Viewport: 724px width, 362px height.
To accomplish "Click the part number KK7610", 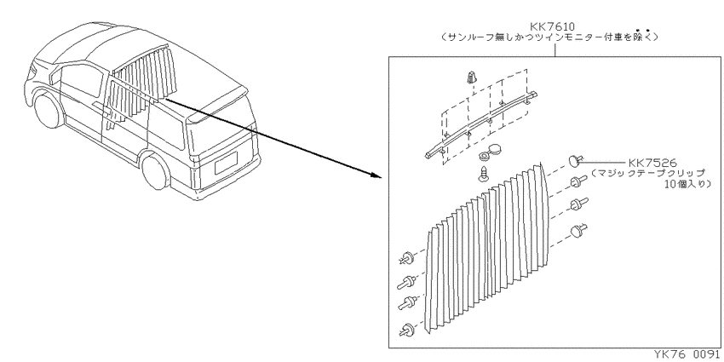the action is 552,26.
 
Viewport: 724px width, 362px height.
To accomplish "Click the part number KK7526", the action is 652,163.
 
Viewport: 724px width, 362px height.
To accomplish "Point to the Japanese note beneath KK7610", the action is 549,37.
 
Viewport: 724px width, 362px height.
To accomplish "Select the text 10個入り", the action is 685,184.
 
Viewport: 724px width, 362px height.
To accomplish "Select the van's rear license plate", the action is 226,163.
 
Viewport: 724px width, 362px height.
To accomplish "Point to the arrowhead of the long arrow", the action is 378,175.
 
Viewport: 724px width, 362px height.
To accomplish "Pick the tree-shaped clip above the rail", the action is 470,78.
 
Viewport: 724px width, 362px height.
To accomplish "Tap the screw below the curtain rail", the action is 484,174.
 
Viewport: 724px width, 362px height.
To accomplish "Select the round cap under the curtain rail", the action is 491,154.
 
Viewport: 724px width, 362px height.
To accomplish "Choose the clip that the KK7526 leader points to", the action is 574,161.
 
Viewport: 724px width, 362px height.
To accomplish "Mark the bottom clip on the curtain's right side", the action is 578,231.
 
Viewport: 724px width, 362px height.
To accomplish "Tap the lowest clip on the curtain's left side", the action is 407,330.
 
